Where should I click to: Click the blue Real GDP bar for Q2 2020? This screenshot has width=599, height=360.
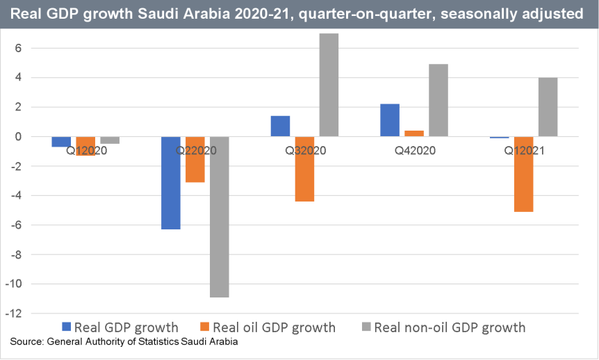click(x=171, y=183)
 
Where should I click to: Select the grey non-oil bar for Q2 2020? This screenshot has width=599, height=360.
click(x=220, y=217)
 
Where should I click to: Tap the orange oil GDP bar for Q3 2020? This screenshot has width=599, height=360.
click(x=304, y=169)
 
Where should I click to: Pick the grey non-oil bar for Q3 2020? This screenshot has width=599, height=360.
click(x=329, y=85)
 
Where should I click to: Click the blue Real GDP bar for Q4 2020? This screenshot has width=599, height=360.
click(x=389, y=120)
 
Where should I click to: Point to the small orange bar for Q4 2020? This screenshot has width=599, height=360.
click(x=414, y=133)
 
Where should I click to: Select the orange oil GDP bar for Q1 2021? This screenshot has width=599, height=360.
click(x=523, y=174)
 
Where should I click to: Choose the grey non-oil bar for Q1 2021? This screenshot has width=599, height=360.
click(x=548, y=107)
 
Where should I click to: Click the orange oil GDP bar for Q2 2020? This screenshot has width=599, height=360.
click(x=195, y=159)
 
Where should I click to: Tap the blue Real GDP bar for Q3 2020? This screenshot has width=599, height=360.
click(x=280, y=126)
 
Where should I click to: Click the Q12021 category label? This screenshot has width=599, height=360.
click(x=523, y=149)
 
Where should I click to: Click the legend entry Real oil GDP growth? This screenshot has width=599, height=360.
click(x=274, y=327)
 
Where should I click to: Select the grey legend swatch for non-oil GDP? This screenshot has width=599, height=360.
click(x=366, y=327)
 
